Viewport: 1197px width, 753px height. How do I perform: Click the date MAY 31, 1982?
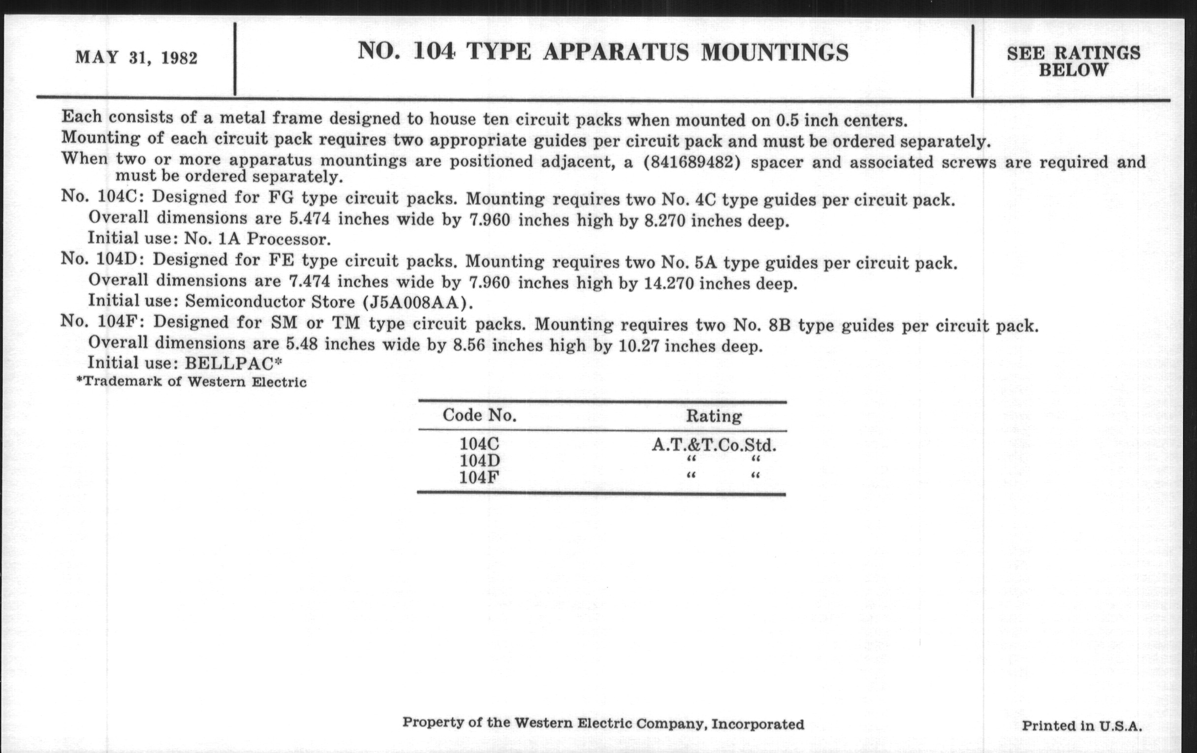pos(136,58)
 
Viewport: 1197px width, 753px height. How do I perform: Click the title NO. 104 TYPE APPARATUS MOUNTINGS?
pos(602,52)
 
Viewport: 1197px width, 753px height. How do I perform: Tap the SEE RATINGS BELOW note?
pos(1073,61)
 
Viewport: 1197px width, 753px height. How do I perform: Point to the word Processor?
pos(289,239)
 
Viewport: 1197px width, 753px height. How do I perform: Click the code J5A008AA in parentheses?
pos(414,302)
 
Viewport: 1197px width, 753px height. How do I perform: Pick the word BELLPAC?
pos(229,363)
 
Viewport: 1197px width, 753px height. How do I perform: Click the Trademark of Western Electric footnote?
pos(191,382)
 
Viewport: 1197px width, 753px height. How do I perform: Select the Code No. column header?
pos(479,415)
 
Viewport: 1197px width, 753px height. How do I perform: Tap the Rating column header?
pos(714,415)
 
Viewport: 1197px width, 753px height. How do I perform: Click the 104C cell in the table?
pos(479,443)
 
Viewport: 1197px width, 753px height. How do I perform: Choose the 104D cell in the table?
pos(479,460)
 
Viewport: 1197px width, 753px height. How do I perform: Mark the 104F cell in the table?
pos(479,477)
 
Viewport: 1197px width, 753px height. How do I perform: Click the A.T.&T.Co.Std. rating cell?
pos(714,444)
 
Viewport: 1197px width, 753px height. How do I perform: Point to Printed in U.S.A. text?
pos(1082,725)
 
